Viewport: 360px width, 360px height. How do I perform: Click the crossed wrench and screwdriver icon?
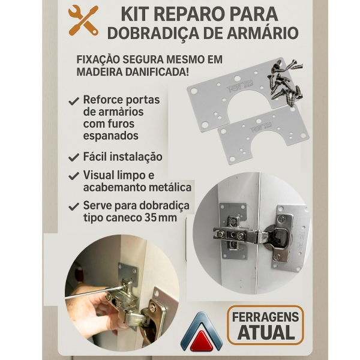point(83,20)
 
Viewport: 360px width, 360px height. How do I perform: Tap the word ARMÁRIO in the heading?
point(262,33)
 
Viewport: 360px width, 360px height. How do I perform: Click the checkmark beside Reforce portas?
point(74,101)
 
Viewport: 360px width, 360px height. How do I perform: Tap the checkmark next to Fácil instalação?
point(74,157)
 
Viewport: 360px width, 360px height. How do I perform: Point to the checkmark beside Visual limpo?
point(74,176)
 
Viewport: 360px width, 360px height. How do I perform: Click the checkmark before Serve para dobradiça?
point(74,206)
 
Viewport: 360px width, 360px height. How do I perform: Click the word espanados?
point(111,136)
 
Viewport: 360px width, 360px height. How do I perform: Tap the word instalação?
point(136,157)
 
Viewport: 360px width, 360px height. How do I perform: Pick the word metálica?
point(170,187)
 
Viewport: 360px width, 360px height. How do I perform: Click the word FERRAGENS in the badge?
point(265,317)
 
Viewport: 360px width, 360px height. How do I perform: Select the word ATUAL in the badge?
point(266,332)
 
